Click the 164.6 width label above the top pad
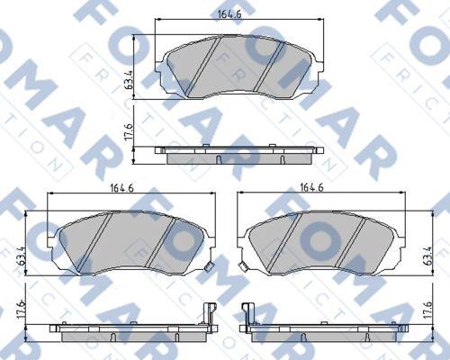point(229,13)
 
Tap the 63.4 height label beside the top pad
point(129,80)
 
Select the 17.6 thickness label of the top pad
point(129,131)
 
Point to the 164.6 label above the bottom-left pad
point(121,188)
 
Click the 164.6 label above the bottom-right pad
point(311,187)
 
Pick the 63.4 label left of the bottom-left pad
point(21,256)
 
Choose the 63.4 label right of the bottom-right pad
point(428,256)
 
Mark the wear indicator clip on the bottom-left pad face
point(208,266)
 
